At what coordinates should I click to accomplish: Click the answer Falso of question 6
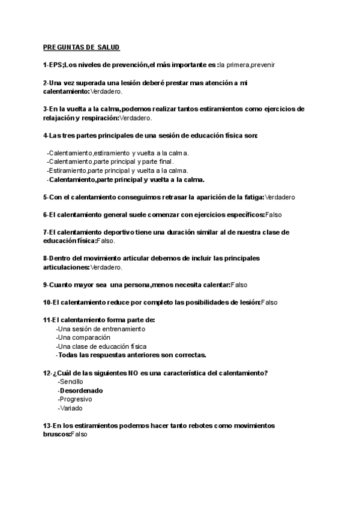point(274,214)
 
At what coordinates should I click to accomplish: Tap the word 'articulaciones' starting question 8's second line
point(65,267)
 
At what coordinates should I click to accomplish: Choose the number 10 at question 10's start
point(47,302)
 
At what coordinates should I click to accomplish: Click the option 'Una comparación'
point(83,337)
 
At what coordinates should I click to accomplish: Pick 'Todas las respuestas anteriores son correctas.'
point(132,355)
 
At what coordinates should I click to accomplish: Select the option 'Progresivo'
point(75,399)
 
